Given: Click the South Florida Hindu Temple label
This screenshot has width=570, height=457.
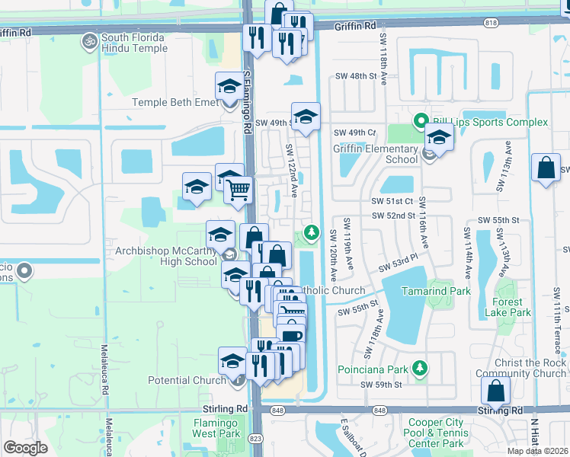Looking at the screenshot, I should click(134, 38).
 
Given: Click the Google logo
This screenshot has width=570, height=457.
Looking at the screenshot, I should click(25, 448).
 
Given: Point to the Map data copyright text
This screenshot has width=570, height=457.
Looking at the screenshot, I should click(539, 451).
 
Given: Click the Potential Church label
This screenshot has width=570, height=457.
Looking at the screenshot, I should click(187, 380).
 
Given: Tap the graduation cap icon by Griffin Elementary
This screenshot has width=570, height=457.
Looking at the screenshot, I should click(439, 137).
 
